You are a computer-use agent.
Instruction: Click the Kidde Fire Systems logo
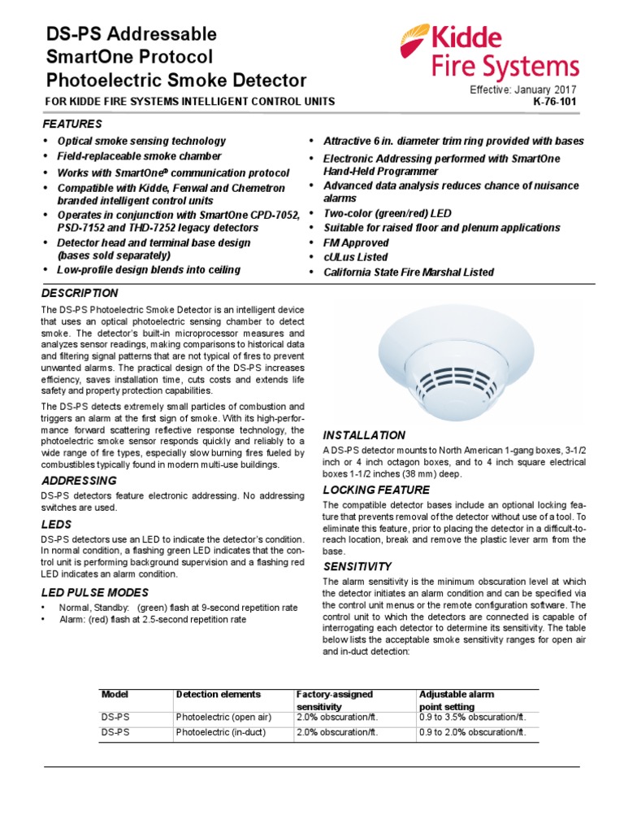489,51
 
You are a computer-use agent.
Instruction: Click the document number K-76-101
556,102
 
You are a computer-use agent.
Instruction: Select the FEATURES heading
72,124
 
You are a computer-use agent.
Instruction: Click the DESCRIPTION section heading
80,293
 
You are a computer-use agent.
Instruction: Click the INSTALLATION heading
364,435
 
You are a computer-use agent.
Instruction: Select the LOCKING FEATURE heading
376,490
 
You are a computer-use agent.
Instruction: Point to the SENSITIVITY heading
357,566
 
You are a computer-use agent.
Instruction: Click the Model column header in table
115,694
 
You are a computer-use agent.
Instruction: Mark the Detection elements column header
219,694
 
